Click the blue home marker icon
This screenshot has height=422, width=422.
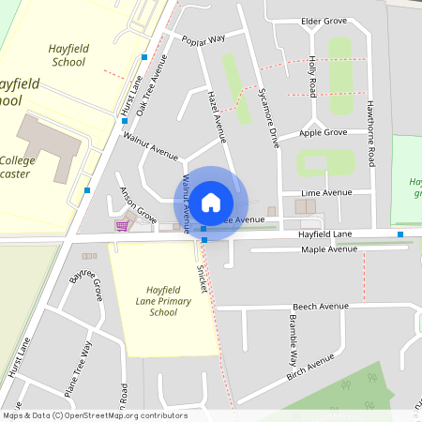211,203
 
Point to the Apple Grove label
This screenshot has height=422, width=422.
323,133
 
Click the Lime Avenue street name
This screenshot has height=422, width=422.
326,192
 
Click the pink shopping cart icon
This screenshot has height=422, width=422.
121,225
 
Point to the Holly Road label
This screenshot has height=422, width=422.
312,75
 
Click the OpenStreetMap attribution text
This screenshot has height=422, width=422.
95,414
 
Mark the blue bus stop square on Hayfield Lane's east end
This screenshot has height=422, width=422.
400,234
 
